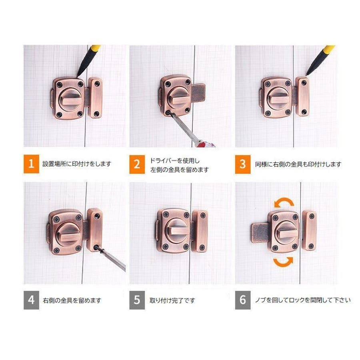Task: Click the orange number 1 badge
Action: coord(31,164)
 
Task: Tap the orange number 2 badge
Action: coord(137,164)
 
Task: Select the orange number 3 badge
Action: coord(243,164)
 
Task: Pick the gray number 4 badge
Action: coord(31,300)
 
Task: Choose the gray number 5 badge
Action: coord(137,300)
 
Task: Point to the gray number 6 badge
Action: coord(243,300)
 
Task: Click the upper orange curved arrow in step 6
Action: coord(284,199)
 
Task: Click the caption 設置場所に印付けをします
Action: coord(77,164)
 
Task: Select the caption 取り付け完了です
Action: coord(172,300)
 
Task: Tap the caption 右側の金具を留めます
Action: coord(72,300)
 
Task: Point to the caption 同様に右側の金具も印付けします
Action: coord(298,164)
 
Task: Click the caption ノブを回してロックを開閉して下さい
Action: coord(303,300)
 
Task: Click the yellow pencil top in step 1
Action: coord(96,48)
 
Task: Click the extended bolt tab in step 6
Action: coord(260,233)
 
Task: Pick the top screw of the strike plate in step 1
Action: coord(97,83)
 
